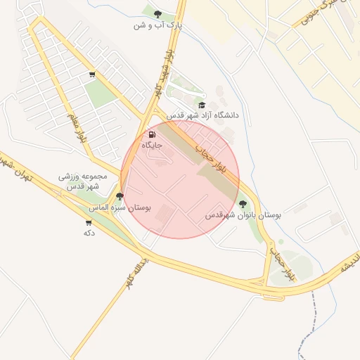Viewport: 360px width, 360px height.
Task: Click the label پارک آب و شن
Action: pos(159,25)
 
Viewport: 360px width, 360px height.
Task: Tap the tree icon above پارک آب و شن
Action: pos(157,13)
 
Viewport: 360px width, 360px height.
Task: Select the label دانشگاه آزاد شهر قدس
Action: pos(203,115)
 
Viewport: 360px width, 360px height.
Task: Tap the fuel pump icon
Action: pos(152,134)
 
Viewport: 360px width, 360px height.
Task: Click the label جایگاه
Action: pos(153,145)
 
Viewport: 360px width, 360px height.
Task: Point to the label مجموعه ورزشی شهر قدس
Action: pos(82,181)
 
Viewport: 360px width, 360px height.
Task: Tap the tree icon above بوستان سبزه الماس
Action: pos(120,197)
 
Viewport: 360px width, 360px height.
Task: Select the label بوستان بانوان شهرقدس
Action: pos(243,216)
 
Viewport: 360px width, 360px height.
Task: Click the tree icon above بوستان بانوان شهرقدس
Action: pos(243,204)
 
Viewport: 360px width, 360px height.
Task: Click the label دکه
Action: pos(89,233)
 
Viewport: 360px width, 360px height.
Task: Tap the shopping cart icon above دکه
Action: pos(89,223)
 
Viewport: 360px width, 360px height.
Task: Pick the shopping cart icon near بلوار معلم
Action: pos(92,75)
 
